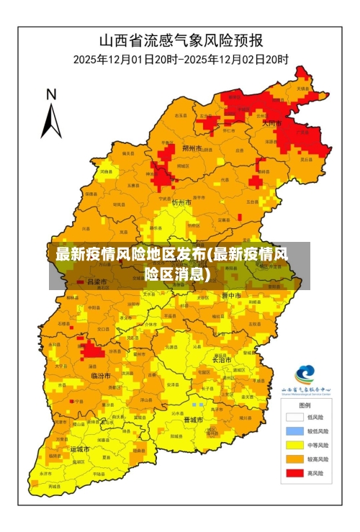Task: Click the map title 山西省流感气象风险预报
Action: tap(181, 40)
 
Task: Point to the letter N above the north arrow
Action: tap(51, 94)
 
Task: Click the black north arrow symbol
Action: tap(50, 121)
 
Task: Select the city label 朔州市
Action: tap(192, 148)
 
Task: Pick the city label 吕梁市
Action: tap(96, 281)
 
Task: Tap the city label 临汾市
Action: tap(100, 376)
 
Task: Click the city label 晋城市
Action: tap(193, 419)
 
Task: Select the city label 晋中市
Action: tap(232, 295)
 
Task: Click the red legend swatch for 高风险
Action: tap(294, 473)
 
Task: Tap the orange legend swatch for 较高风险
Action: tap(294, 459)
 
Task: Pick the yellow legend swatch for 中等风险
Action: tap(294, 445)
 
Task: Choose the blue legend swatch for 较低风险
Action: tap(294, 431)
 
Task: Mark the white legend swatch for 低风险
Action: tap(294, 417)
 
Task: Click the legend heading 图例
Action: tap(305, 405)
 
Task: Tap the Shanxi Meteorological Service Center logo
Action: tap(305, 375)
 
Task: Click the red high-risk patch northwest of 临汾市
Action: tap(91, 351)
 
